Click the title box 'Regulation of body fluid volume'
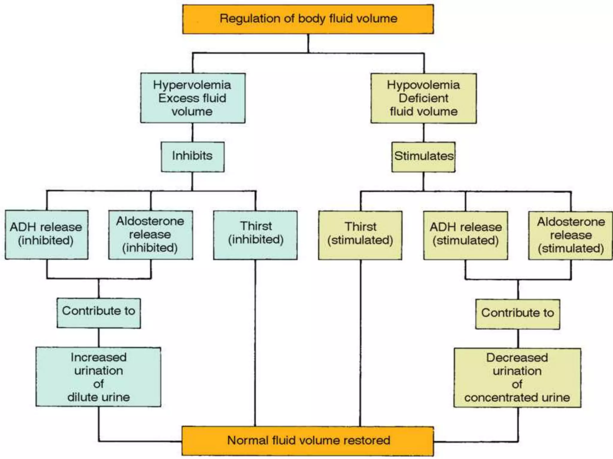308,19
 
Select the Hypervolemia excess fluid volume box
193,98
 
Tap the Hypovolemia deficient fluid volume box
424,98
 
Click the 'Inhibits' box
192,157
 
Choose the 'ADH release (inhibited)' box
46,235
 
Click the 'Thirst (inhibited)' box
255,235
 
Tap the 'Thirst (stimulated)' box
360,235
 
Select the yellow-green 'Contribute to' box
518,314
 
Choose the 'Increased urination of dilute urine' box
98,377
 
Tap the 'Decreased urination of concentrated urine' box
517,377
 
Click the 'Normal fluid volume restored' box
308,441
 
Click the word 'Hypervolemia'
192,85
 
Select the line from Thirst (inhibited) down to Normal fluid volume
255,344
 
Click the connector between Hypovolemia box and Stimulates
424,133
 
